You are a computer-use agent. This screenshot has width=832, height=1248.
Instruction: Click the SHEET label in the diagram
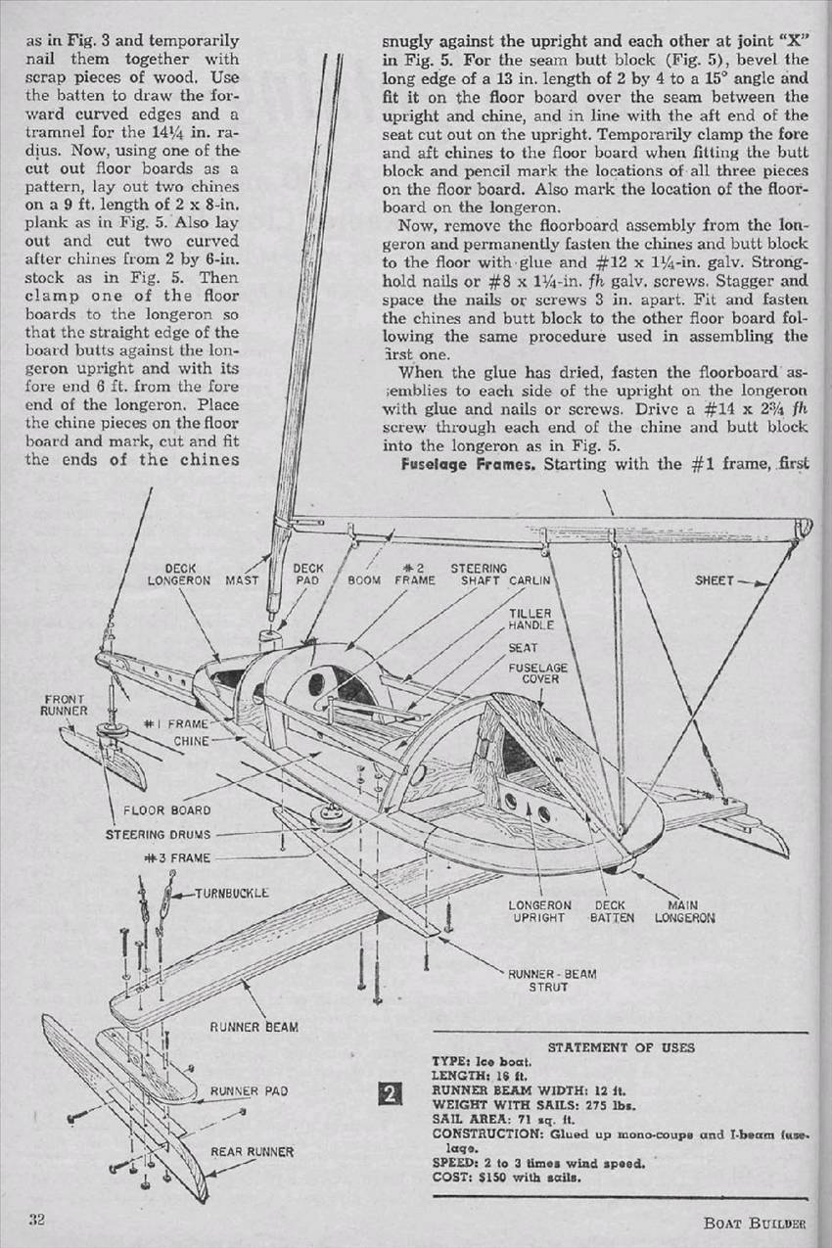[714, 579]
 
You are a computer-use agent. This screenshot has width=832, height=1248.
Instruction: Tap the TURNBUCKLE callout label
[231, 894]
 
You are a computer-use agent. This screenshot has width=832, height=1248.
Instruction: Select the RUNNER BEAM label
[254, 1027]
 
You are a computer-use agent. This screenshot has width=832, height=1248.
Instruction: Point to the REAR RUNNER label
[253, 1151]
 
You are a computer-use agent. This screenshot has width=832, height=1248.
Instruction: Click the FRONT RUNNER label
[65, 705]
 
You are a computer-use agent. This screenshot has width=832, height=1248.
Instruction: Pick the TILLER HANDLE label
[531, 618]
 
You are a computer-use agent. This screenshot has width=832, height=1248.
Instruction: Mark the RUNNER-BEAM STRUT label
[551, 981]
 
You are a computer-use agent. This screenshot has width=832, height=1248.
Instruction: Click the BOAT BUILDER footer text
[754, 1223]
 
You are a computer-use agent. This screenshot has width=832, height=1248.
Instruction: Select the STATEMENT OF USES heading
[622, 1046]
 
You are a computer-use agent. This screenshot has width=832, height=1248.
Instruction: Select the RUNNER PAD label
[249, 1090]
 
